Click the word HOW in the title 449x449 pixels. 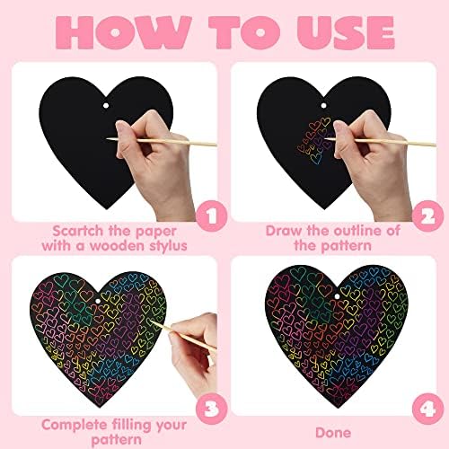coord(123,32)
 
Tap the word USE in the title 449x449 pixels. coord(346,32)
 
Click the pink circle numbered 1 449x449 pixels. coord(211,216)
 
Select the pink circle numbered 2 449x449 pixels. coord(427,216)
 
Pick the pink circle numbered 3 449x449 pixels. coord(211,409)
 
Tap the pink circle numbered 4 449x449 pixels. coord(427,409)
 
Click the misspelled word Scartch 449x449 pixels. coord(77,231)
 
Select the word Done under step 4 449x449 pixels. coord(333,433)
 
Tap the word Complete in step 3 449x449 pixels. coord(75,426)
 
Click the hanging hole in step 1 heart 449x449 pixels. coord(106,106)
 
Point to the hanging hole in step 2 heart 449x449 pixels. coord(323,105)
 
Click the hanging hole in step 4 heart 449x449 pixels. coord(337,296)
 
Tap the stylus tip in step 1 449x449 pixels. coord(108,138)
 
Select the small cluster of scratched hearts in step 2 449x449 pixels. coord(314,140)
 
